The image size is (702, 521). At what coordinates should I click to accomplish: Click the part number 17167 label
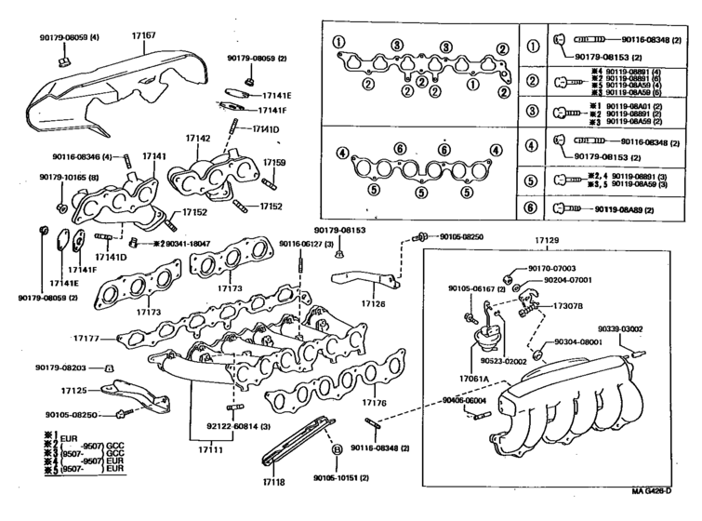pos(143,35)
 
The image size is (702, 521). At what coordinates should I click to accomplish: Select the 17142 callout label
pos(197,138)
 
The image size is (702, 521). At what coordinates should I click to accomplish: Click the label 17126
pos(373,302)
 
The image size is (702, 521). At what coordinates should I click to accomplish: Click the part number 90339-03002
pos(645,328)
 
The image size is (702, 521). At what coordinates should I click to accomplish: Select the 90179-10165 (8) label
pos(68,176)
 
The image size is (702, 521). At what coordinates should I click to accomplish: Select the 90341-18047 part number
pos(182,242)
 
